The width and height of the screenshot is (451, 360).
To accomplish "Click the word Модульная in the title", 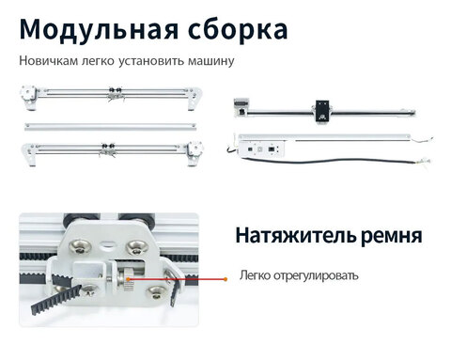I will point(94,29).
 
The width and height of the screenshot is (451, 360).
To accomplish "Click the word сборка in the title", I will point(234,29).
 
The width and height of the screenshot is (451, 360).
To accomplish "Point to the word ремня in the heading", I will point(388,235).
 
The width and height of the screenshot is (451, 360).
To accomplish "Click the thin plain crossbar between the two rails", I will point(111,124).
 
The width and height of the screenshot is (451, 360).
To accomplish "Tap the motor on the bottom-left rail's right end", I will point(195,149).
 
